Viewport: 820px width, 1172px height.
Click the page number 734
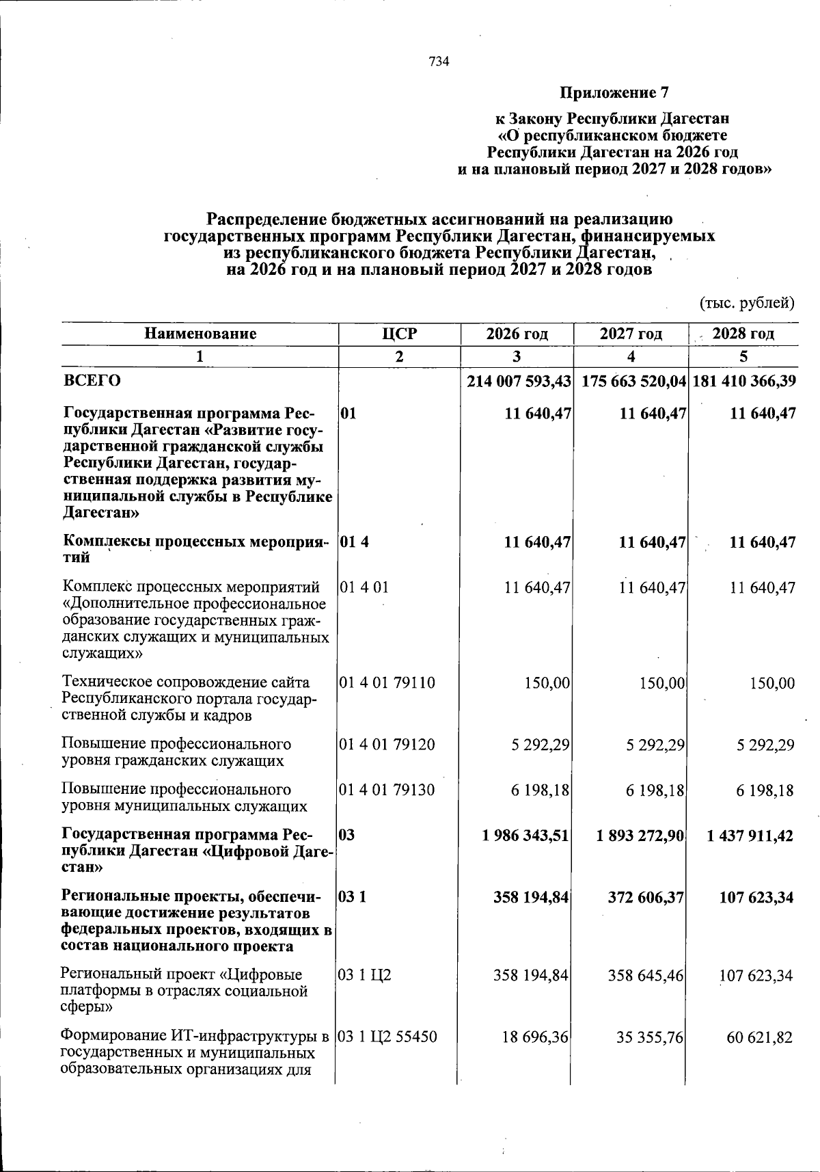[x=439, y=62]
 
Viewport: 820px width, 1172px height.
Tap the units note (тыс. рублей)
[x=747, y=302]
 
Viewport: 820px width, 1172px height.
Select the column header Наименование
[x=200, y=334]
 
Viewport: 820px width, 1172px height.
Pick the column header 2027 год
[x=631, y=334]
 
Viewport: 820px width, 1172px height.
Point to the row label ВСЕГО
[x=92, y=380]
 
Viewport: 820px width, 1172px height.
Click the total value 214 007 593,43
[x=519, y=381]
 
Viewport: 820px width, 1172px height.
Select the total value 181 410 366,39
[x=744, y=381]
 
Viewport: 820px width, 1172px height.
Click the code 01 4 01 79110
[x=387, y=682]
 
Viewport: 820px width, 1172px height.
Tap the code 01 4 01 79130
[x=387, y=790]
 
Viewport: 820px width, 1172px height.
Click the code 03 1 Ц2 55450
[x=388, y=1037]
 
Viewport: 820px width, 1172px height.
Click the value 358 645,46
[x=646, y=975]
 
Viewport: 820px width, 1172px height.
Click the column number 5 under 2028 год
[x=743, y=356]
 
